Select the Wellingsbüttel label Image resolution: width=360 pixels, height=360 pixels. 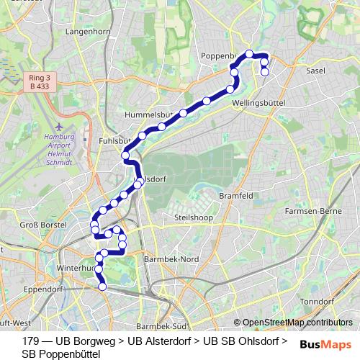click(260, 104)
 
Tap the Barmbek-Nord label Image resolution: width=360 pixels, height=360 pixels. click(171, 258)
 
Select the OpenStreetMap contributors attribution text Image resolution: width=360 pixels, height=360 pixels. click(297, 323)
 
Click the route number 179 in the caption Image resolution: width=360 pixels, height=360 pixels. click(31, 341)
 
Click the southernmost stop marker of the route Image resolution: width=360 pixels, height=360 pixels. click(102, 287)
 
